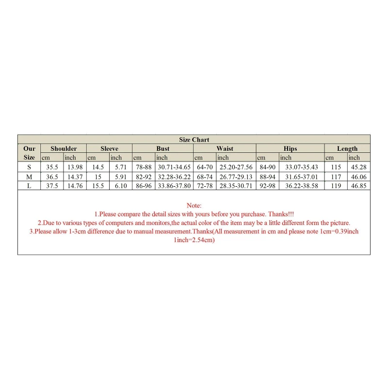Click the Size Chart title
click(x=194, y=140)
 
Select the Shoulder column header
click(x=64, y=148)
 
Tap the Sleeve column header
click(x=109, y=148)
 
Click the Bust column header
click(x=163, y=148)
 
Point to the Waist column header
click(x=225, y=148)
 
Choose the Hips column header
click(x=290, y=148)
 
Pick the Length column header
click(x=347, y=148)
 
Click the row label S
click(x=29, y=167)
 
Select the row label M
click(x=29, y=177)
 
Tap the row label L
click(x=29, y=186)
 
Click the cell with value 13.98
click(x=75, y=167)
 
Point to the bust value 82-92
click(x=144, y=177)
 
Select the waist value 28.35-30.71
click(x=236, y=186)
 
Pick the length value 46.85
click(x=359, y=186)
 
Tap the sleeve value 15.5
click(x=97, y=186)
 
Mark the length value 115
click(x=336, y=167)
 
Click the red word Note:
click(x=194, y=206)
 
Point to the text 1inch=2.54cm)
click(x=194, y=240)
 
